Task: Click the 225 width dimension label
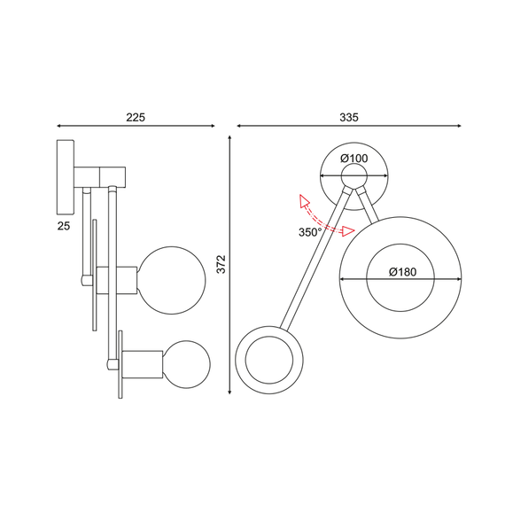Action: click(x=135, y=116)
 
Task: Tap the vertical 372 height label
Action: click(x=221, y=264)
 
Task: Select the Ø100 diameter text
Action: click(x=354, y=159)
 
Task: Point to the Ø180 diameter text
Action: click(x=401, y=273)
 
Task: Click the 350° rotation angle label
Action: click(x=311, y=233)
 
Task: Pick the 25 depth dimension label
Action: click(x=64, y=227)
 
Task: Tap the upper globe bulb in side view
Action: click(x=172, y=281)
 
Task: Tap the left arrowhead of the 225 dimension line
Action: click(x=58, y=126)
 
